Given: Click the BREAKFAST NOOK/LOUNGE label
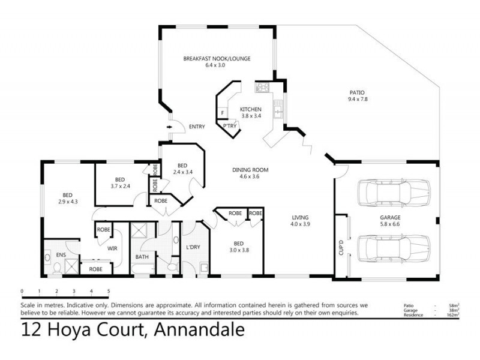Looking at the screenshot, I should (217, 58).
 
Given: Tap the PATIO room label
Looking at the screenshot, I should (357, 92).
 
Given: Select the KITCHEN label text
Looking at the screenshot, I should (251, 109).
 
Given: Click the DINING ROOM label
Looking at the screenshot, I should (250, 170).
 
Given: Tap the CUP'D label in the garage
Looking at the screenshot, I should (341, 246).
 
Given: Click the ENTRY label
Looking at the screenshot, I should (197, 127).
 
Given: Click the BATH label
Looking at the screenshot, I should (142, 256).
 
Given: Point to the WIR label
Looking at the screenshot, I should (111, 245).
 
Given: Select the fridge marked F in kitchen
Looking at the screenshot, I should (222, 112).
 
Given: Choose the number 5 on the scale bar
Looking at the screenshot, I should (109, 291).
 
